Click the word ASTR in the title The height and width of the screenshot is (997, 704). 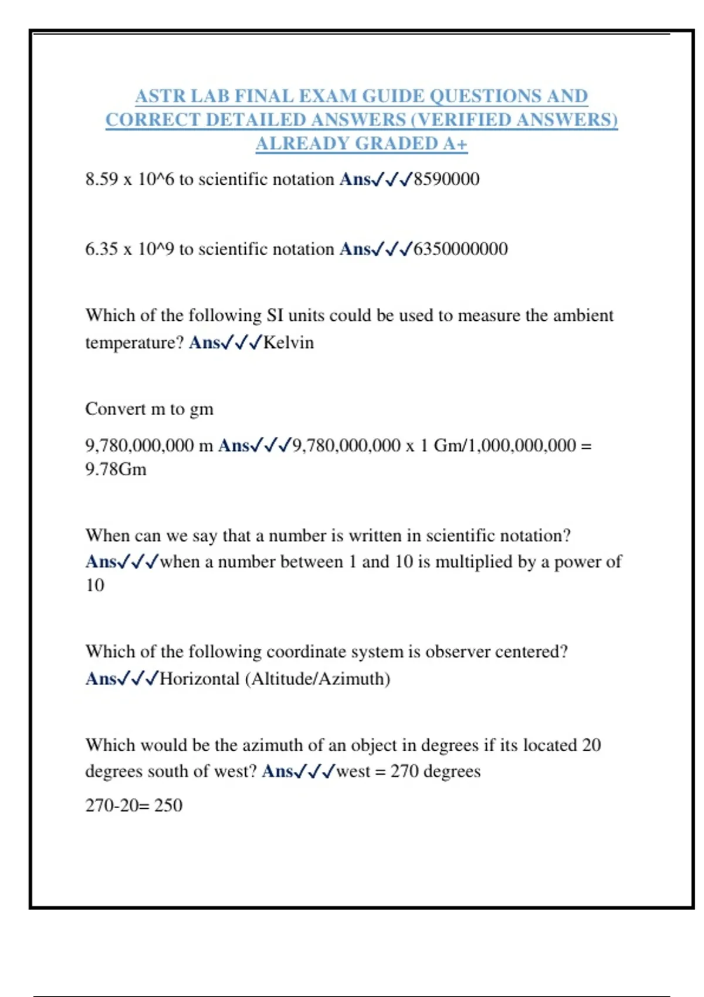153,96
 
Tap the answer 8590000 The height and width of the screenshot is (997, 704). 446,179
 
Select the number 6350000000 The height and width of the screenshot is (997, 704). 461,249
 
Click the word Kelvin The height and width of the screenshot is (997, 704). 289,342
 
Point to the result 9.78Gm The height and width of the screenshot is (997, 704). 116,470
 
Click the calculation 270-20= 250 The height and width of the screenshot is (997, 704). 134,805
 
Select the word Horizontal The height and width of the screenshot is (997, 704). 199,679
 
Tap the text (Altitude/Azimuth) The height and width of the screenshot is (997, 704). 317,679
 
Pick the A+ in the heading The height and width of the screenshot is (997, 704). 455,144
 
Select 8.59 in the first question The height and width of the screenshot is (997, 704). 101,179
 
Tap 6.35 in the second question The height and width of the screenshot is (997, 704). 101,249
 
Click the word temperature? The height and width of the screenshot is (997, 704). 134,342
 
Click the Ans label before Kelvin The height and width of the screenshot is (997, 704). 204,342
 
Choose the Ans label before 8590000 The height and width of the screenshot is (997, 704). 355,179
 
